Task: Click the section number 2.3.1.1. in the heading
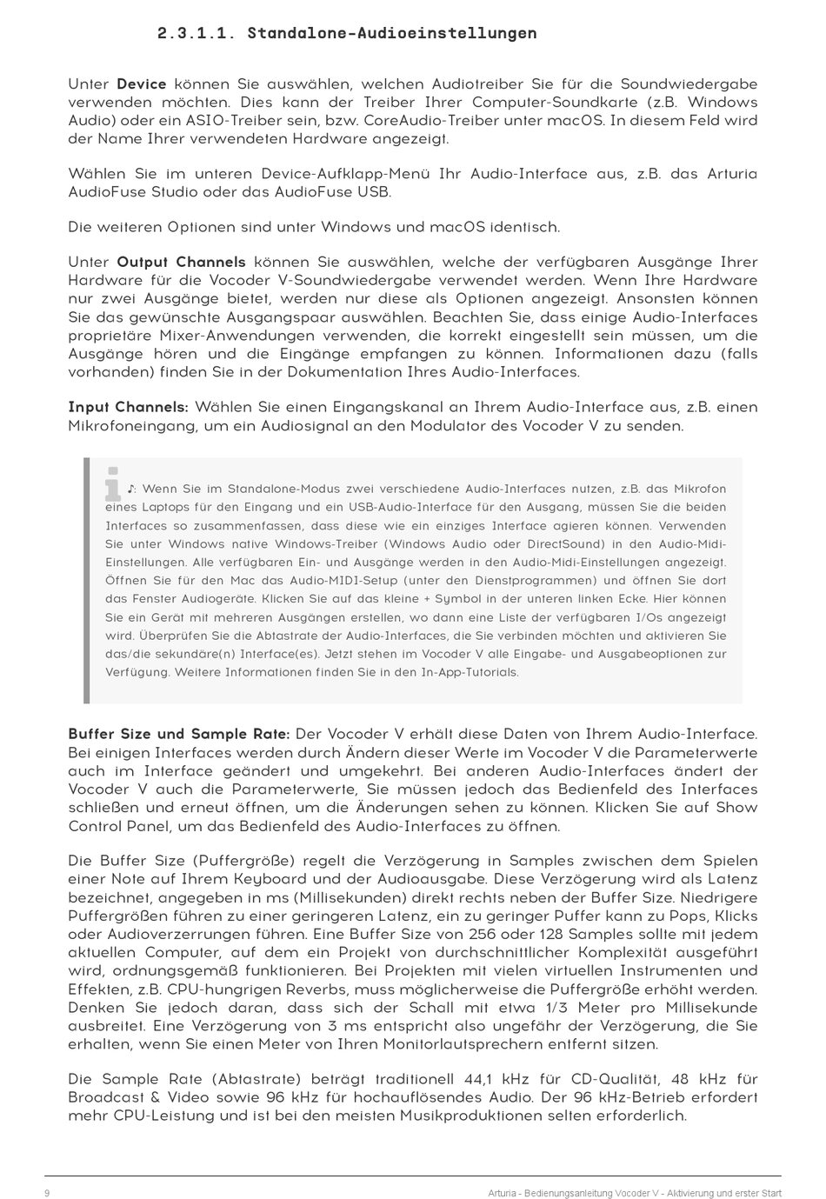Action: [197, 33]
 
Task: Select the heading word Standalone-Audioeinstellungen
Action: [391, 33]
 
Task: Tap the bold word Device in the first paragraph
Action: [141, 84]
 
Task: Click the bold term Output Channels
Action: [181, 262]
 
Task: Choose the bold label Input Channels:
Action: [128, 407]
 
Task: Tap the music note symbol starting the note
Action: [130, 489]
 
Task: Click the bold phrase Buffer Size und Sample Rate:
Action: [179, 734]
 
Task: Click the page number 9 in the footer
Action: [47, 1193]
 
